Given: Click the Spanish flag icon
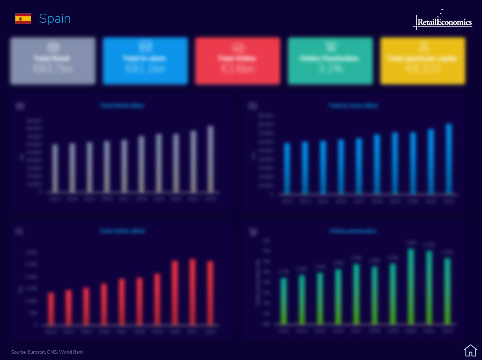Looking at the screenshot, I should click(x=23, y=19).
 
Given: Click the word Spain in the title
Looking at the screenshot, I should click(x=55, y=19).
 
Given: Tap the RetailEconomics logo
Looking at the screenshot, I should click(x=444, y=22).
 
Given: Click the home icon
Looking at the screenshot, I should click(x=470, y=350).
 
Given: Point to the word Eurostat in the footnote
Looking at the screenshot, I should click(x=36, y=352).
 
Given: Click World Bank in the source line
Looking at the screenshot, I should click(x=71, y=352).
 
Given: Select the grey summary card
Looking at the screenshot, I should click(x=53, y=61).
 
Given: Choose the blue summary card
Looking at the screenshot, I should click(x=145, y=61).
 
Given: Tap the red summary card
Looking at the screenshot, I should click(x=238, y=61).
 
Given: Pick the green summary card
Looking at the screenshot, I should click(x=330, y=61).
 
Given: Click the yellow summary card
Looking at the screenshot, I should click(x=423, y=61).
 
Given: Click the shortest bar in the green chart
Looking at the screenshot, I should click(x=284, y=301).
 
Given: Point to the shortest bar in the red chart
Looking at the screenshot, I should click(x=51, y=309).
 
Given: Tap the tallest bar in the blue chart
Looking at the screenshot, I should click(x=449, y=159).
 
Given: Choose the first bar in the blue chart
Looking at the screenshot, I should click(x=287, y=168).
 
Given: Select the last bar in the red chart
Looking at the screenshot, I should click(x=210, y=293).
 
